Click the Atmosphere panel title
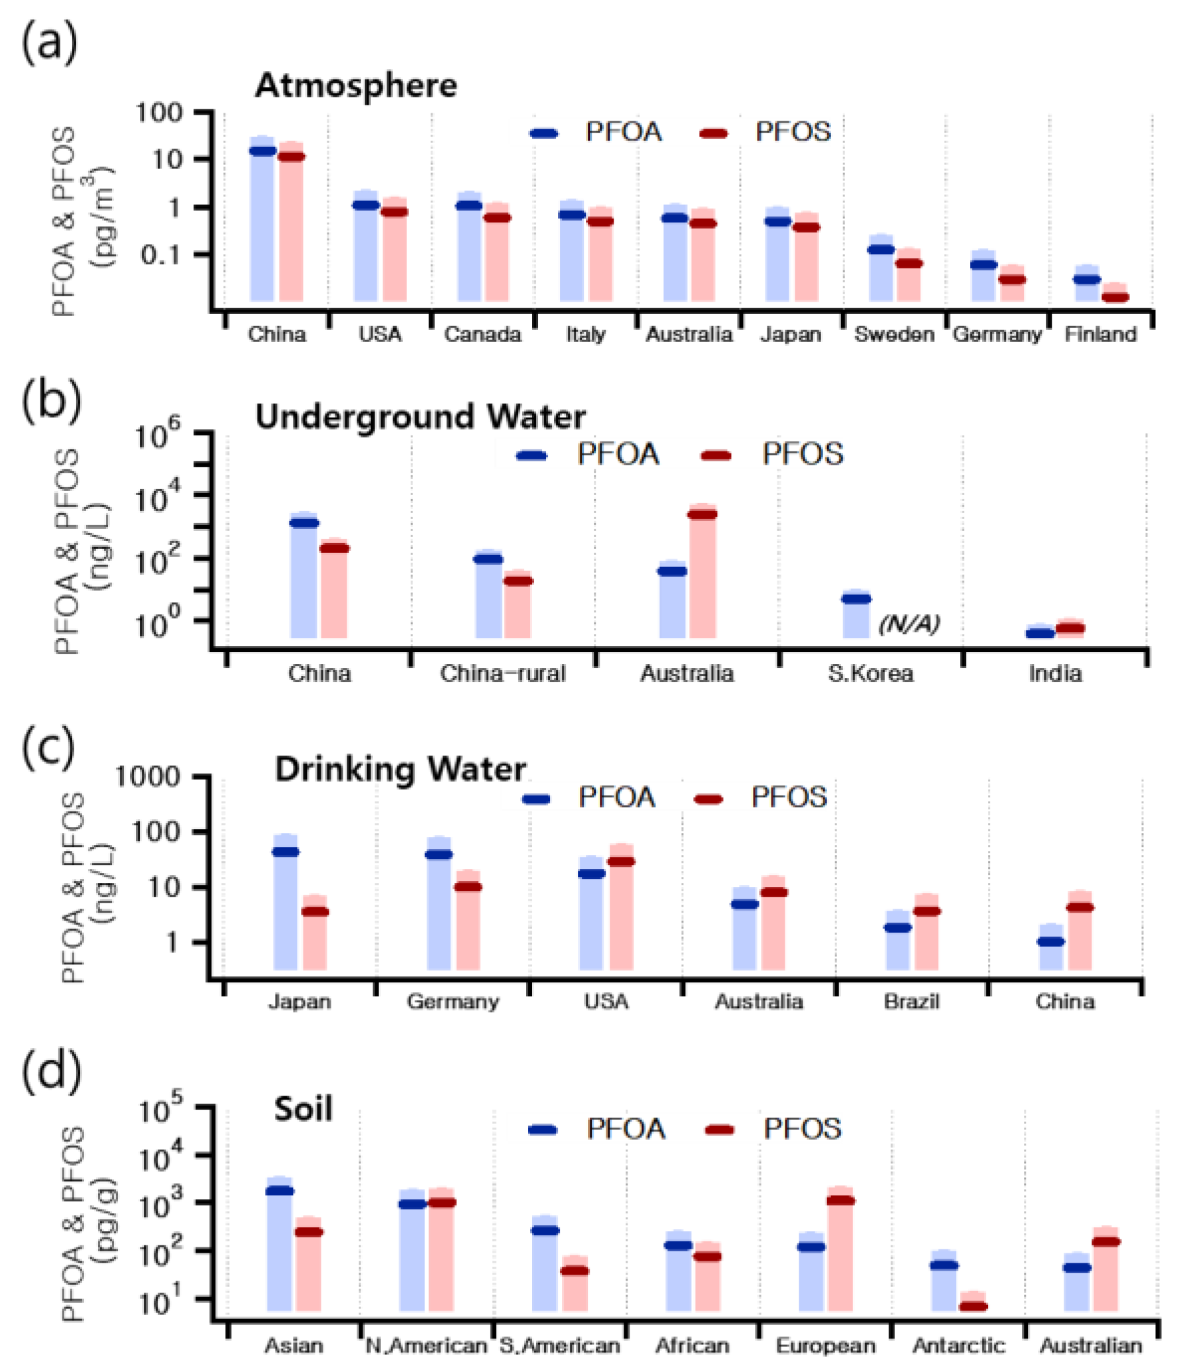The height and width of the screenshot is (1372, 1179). [x=356, y=86]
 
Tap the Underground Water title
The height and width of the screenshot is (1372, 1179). [x=420, y=417]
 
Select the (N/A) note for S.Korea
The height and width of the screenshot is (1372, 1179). [x=909, y=624]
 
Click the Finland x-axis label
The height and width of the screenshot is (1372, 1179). [x=1100, y=334]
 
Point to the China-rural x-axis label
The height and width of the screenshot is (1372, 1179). [x=502, y=674]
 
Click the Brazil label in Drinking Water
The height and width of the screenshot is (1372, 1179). [x=911, y=1001]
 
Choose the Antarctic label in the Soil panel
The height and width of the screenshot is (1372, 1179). [x=958, y=1345]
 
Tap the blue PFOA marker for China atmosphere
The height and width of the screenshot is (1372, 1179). [x=262, y=151]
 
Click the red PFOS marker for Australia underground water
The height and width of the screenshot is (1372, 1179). [x=702, y=514]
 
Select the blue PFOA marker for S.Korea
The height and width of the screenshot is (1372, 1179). [x=856, y=599]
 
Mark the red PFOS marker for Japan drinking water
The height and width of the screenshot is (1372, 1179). [x=315, y=912]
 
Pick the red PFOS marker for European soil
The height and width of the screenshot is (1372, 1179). [x=840, y=1200]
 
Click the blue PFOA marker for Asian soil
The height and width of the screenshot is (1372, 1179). [x=280, y=1190]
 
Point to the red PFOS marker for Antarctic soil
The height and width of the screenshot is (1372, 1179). [x=974, y=1306]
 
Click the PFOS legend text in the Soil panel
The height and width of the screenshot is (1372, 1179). [x=802, y=1129]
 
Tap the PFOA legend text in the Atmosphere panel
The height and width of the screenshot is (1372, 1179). [x=624, y=132]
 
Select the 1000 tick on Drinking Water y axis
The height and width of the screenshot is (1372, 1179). [x=148, y=776]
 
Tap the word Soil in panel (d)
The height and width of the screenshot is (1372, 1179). [x=303, y=1109]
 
